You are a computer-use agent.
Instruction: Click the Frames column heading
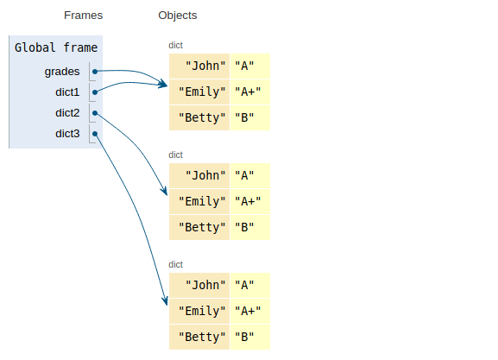[83, 16]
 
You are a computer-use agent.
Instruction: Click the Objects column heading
[178, 16]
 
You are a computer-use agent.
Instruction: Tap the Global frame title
[56, 47]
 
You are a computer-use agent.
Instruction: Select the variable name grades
[62, 72]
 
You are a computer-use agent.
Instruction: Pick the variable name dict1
[67, 92]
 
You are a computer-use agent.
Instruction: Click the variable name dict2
[67, 113]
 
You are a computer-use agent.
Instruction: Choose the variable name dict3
[67, 134]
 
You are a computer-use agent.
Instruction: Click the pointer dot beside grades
[95, 72]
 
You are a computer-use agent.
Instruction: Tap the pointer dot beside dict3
[95, 134]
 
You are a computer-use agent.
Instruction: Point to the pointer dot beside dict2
[95, 113]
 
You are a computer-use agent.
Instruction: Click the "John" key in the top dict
[205, 66]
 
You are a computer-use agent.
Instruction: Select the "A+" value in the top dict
[248, 92]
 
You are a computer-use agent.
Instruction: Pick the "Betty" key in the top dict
[202, 118]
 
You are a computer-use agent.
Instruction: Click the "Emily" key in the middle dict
[202, 201]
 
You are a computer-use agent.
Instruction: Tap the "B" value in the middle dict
[244, 228]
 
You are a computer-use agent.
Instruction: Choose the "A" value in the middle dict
[244, 176]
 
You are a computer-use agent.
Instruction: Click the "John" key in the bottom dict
[205, 286]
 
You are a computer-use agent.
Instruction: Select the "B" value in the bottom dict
[244, 338]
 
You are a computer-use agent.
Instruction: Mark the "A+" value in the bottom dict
[248, 311]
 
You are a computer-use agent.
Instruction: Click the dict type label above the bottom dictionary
[175, 264]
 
